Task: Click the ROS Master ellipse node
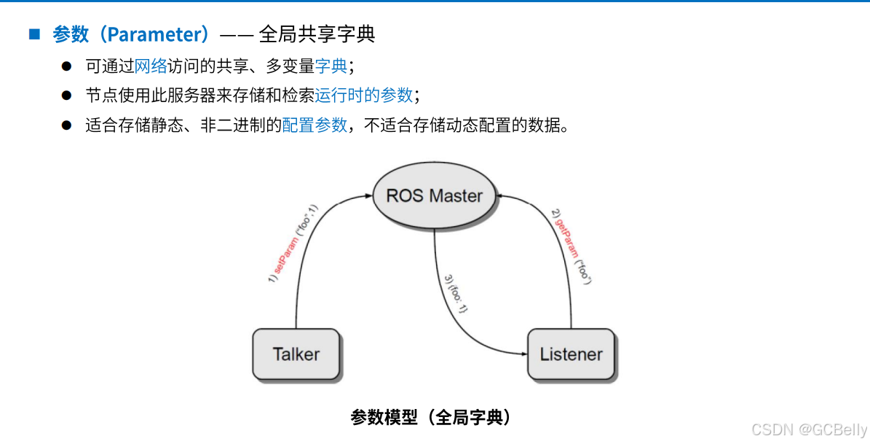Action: tap(434, 195)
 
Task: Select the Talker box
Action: tap(296, 354)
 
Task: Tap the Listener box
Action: tap(571, 354)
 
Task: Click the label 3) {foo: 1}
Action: tap(455, 294)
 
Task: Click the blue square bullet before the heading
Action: tap(33, 34)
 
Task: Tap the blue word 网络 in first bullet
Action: tap(151, 66)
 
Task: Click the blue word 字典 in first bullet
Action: tap(331, 66)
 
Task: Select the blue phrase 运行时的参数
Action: tap(363, 96)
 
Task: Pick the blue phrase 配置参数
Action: tap(315, 125)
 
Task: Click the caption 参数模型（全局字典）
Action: tap(430, 417)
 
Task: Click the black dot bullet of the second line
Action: tap(66, 96)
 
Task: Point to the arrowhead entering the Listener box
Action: tap(522, 354)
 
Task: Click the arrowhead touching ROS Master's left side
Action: tap(368, 195)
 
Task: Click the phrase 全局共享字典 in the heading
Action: tap(317, 34)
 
